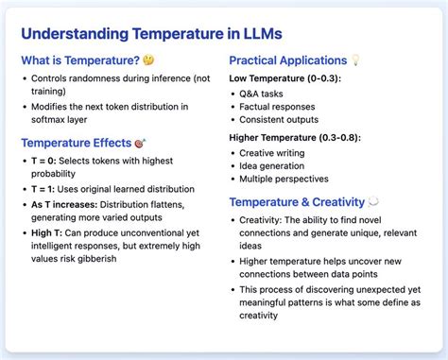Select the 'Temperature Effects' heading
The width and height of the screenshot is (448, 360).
(x=76, y=143)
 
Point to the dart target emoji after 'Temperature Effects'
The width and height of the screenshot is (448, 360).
(x=140, y=143)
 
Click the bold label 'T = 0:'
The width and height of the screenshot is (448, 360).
(x=46, y=162)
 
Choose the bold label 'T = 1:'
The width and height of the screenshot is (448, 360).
(x=46, y=189)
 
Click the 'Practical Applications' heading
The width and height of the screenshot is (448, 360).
(x=288, y=60)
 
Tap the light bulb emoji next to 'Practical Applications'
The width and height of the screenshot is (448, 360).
(x=356, y=60)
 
